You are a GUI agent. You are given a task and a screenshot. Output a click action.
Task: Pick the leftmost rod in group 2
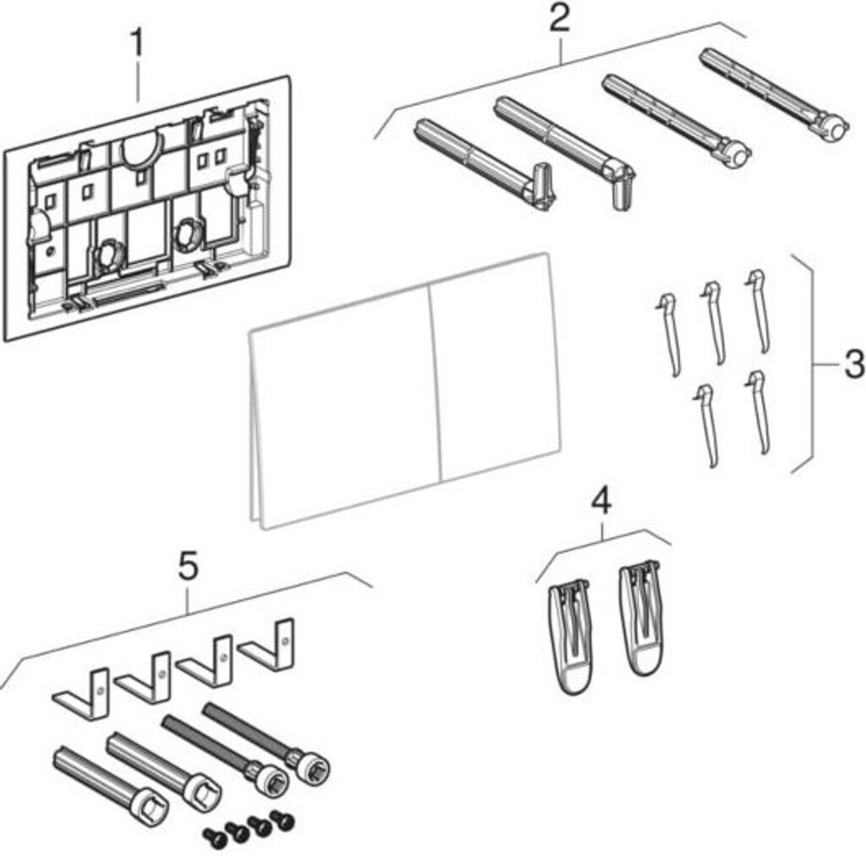pos(482,161)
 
